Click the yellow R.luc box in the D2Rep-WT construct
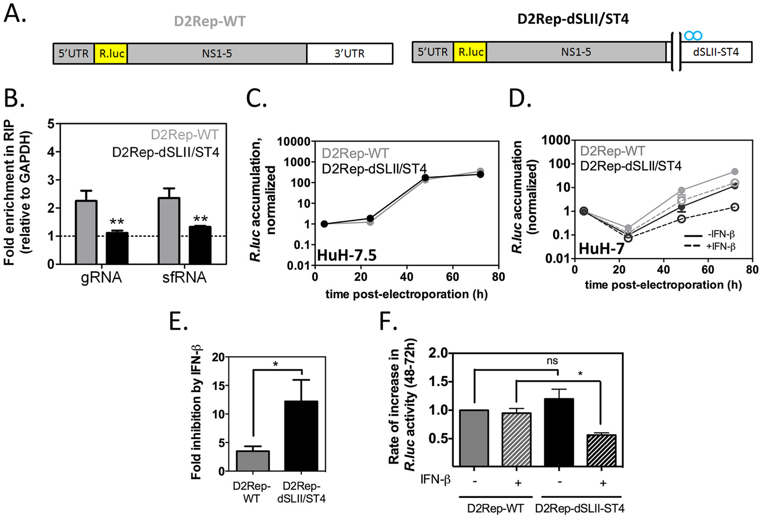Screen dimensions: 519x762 pyautogui.click(x=111, y=53)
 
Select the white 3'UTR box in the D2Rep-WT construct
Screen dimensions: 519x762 pyautogui.click(x=350, y=53)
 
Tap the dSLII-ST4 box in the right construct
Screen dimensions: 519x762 pyautogui.click(x=716, y=52)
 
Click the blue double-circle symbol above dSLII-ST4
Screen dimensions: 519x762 pyautogui.click(x=693, y=36)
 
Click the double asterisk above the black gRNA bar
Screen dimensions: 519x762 pyautogui.click(x=117, y=222)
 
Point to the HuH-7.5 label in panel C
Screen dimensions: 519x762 pyautogui.click(x=346, y=255)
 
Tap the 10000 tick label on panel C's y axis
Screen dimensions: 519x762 pyautogui.click(x=293, y=142)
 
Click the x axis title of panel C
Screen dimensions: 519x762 pyautogui.click(x=406, y=294)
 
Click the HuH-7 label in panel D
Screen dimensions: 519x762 pyautogui.click(x=601, y=248)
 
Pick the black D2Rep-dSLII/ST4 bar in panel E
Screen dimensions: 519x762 pyautogui.click(x=301, y=436)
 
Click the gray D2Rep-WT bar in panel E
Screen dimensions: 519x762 pyautogui.click(x=253, y=461)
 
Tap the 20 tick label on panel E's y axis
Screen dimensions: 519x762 pyautogui.click(x=218, y=357)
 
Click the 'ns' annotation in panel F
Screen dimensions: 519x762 pyautogui.click(x=552, y=361)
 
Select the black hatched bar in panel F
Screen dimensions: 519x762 pyautogui.click(x=601, y=450)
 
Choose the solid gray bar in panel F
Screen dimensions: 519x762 pyautogui.click(x=474, y=438)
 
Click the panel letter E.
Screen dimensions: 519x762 pyautogui.click(x=178, y=321)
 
